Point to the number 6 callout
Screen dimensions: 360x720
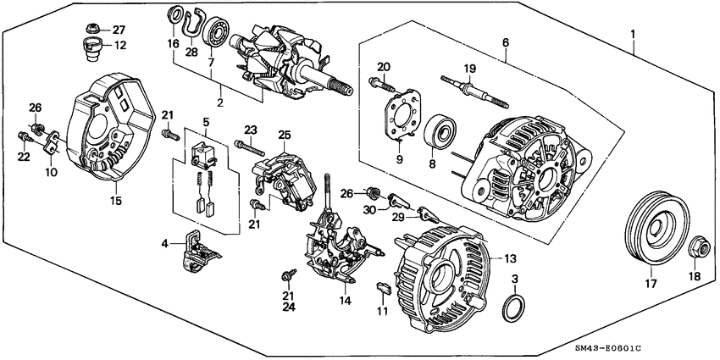(505, 42)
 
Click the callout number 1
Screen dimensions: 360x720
(632, 35)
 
